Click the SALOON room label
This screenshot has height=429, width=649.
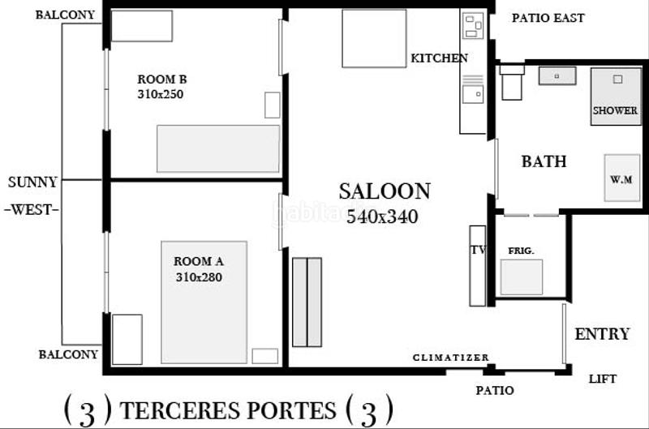[385, 192]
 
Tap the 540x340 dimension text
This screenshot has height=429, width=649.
[382, 217]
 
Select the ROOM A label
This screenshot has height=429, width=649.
[199, 262]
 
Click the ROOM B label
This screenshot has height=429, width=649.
[162, 79]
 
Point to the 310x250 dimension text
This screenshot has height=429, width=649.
[161, 94]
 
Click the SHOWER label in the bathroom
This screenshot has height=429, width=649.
[615, 110]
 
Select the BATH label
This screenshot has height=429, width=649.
[544, 161]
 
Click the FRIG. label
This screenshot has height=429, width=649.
[521, 251]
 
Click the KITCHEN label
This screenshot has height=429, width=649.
[439, 58]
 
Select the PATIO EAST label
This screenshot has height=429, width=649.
[548, 18]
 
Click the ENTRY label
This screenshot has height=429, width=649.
[602, 334]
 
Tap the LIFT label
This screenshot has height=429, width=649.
[602, 379]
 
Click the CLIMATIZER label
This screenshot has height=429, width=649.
[451, 358]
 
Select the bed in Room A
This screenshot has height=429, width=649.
[204, 302]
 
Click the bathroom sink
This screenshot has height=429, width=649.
[557, 76]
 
